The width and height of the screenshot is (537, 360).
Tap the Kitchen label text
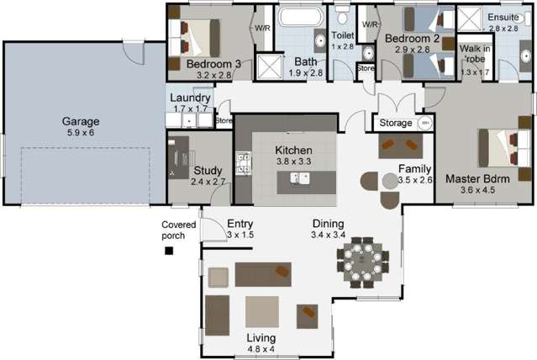coord(293,150)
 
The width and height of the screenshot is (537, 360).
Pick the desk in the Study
coord(177,156)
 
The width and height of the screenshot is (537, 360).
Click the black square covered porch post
coord(170,250)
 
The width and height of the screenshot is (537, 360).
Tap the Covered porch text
coord(178,230)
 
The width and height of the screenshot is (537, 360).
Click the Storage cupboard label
coord(396,124)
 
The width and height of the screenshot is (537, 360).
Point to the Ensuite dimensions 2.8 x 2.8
coord(504,29)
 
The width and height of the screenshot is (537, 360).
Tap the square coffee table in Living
coord(261,311)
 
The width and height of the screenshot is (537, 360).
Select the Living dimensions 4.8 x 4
coord(261,348)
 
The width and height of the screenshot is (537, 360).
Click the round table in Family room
coord(388,181)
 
